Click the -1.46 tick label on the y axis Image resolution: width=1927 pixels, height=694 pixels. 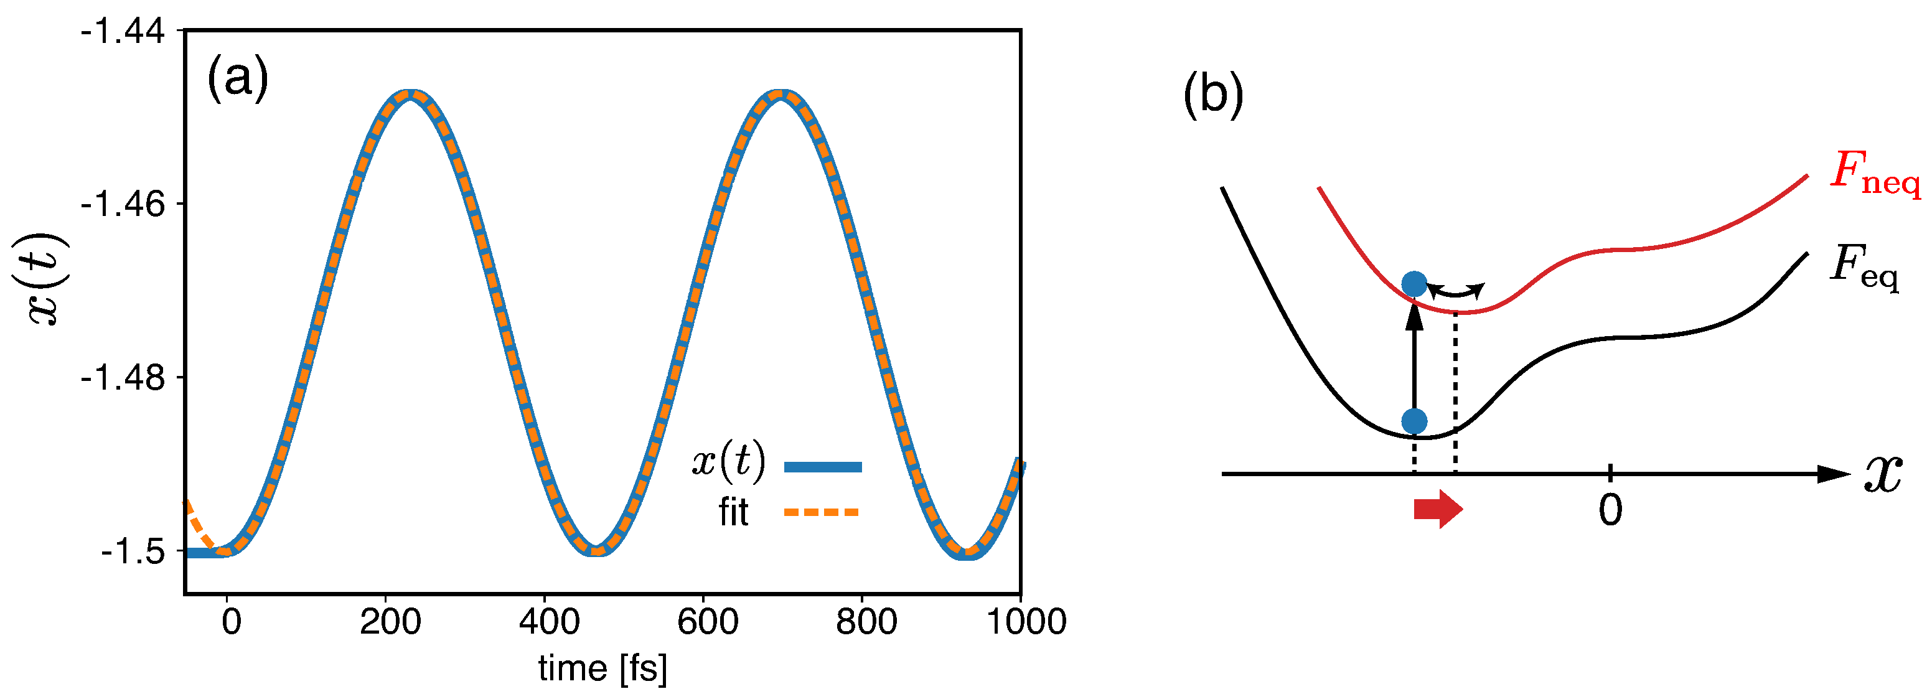(x=123, y=204)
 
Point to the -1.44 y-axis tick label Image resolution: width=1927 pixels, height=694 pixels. (x=123, y=32)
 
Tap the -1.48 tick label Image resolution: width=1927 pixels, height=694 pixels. (x=123, y=378)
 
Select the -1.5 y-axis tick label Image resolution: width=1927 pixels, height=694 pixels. (x=133, y=553)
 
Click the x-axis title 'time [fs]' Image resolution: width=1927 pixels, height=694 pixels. (x=602, y=668)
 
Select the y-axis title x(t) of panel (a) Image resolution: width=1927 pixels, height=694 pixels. (x=47, y=278)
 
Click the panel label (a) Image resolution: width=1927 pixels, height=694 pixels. (x=237, y=78)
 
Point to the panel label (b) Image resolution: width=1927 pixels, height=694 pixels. (x=1212, y=96)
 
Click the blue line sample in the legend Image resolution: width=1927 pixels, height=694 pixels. (x=822, y=467)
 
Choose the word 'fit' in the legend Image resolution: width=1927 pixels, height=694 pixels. (x=733, y=513)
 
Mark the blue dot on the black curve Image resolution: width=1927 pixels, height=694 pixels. (x=1414, y=421)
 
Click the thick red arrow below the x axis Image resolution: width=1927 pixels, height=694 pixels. (x=1437, y=509)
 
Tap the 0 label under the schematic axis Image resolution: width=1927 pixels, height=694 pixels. (x=1610, y=511)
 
